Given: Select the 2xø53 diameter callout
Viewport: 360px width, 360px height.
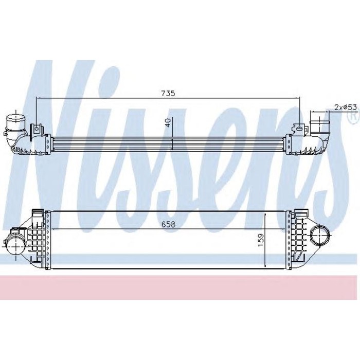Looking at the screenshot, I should coord(346,107).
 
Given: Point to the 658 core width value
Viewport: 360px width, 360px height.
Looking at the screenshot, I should coord(168,225).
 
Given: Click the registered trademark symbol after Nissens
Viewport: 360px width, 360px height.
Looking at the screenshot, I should coord(352,117).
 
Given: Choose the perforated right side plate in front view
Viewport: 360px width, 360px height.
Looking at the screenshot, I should coord(288,239).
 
